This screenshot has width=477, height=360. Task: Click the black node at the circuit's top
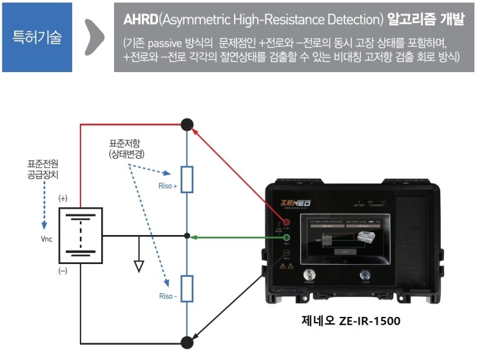[x=186, y=124]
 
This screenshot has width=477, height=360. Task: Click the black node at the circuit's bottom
[x=186, y=341]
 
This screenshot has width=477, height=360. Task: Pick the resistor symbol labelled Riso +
[x=186, y=179]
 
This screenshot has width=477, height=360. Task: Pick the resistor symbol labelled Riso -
[x=186, y=289]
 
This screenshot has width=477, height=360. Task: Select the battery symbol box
[x=81, y=234]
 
